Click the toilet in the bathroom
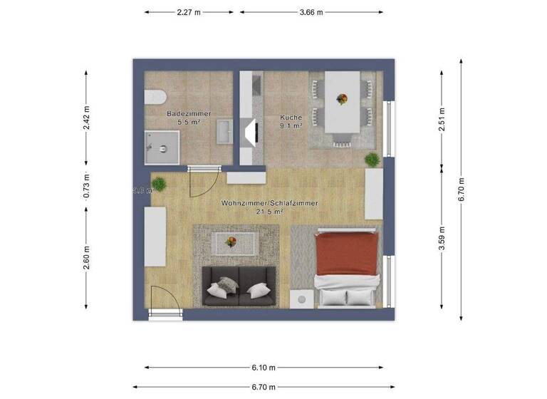[155, 98]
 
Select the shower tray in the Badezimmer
[162, 148]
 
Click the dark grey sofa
[238, 287]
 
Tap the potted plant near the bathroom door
[161, 184]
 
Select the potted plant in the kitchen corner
[371, 159]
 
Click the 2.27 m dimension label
[188, 12]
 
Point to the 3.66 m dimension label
[311, 12]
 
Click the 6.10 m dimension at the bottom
[264, 368]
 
